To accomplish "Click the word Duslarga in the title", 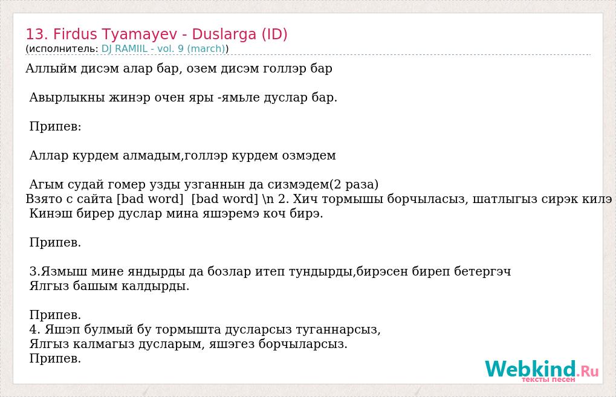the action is tap(224, 34).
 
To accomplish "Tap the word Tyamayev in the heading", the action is tap(140, 35).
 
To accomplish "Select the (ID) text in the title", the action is tap(274, 34).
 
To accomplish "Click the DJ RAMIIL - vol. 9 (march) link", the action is tap(163, 49).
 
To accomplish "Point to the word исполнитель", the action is tap(63, 49).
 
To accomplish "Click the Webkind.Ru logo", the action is tap(542, 370).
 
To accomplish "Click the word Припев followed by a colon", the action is tap(55, 127).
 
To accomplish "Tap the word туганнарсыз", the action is tap(338, 329).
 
